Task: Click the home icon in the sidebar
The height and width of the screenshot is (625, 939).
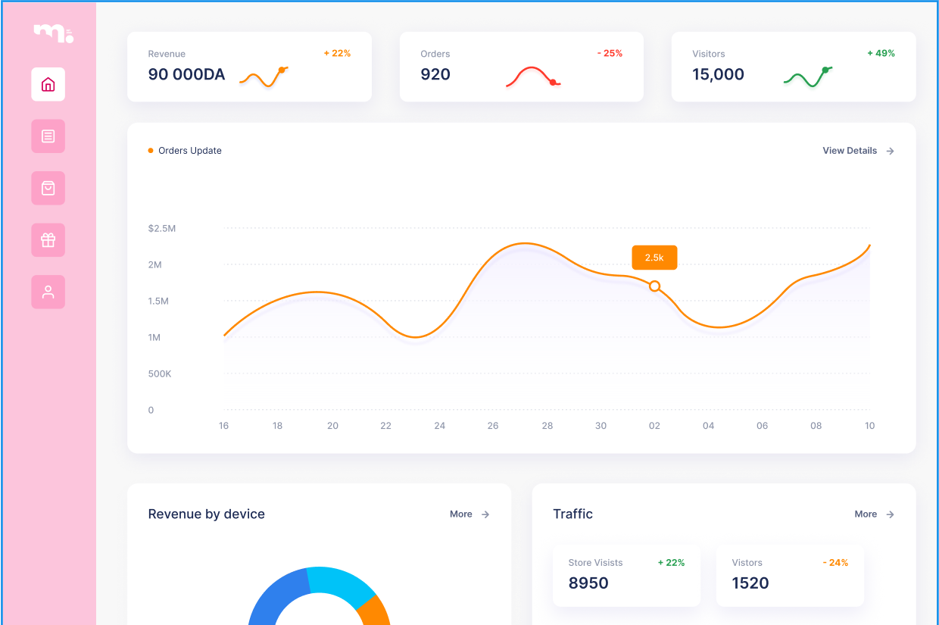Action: point(48,84)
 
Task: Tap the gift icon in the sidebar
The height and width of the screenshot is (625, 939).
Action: point(48,240)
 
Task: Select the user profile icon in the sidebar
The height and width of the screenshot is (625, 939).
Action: point(48,292)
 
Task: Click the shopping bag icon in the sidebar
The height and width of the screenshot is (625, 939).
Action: point(48,188)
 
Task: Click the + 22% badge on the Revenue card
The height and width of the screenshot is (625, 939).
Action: point(337,54)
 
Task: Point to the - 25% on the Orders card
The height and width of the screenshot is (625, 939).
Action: point(610,54)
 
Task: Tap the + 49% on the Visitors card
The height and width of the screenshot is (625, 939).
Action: point(881,54)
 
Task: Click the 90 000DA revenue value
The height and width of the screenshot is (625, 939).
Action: point(186,74)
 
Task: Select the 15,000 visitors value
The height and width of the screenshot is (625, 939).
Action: point(718,74)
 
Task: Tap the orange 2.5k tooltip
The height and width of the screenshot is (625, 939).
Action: point(654,258)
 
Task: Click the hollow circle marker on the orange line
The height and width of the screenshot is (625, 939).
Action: point(655,286)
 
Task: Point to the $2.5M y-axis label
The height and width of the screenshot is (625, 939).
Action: point(162,228)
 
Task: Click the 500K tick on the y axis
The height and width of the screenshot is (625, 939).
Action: point(160,373)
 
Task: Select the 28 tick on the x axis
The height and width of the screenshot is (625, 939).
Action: point(547,426)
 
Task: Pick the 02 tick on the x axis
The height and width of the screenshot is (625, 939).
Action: point(654,426)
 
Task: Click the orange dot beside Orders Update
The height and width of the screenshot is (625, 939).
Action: point(151,151)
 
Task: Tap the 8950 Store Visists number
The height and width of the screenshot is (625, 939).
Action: point(588,583)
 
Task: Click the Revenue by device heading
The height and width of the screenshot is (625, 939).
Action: point(206,514)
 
